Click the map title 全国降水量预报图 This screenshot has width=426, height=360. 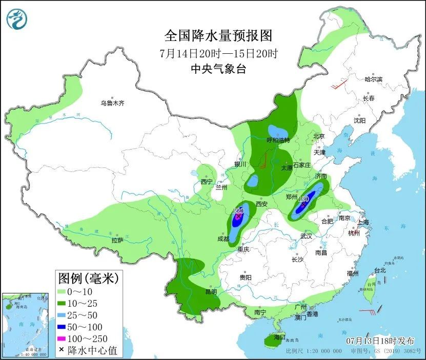218,35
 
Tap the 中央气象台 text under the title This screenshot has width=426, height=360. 218,69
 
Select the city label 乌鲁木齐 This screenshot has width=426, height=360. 112,103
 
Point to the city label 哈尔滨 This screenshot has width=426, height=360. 373,79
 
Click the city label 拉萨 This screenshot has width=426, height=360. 117,240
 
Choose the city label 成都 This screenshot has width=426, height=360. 224,238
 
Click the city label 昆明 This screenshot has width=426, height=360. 211,292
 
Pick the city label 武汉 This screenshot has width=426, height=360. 307,236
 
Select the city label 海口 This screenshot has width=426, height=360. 279,337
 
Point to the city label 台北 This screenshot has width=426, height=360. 379,270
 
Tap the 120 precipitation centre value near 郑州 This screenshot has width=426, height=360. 303,199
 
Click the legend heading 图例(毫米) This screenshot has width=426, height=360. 88,279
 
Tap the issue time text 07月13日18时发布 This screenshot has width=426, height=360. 378,340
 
